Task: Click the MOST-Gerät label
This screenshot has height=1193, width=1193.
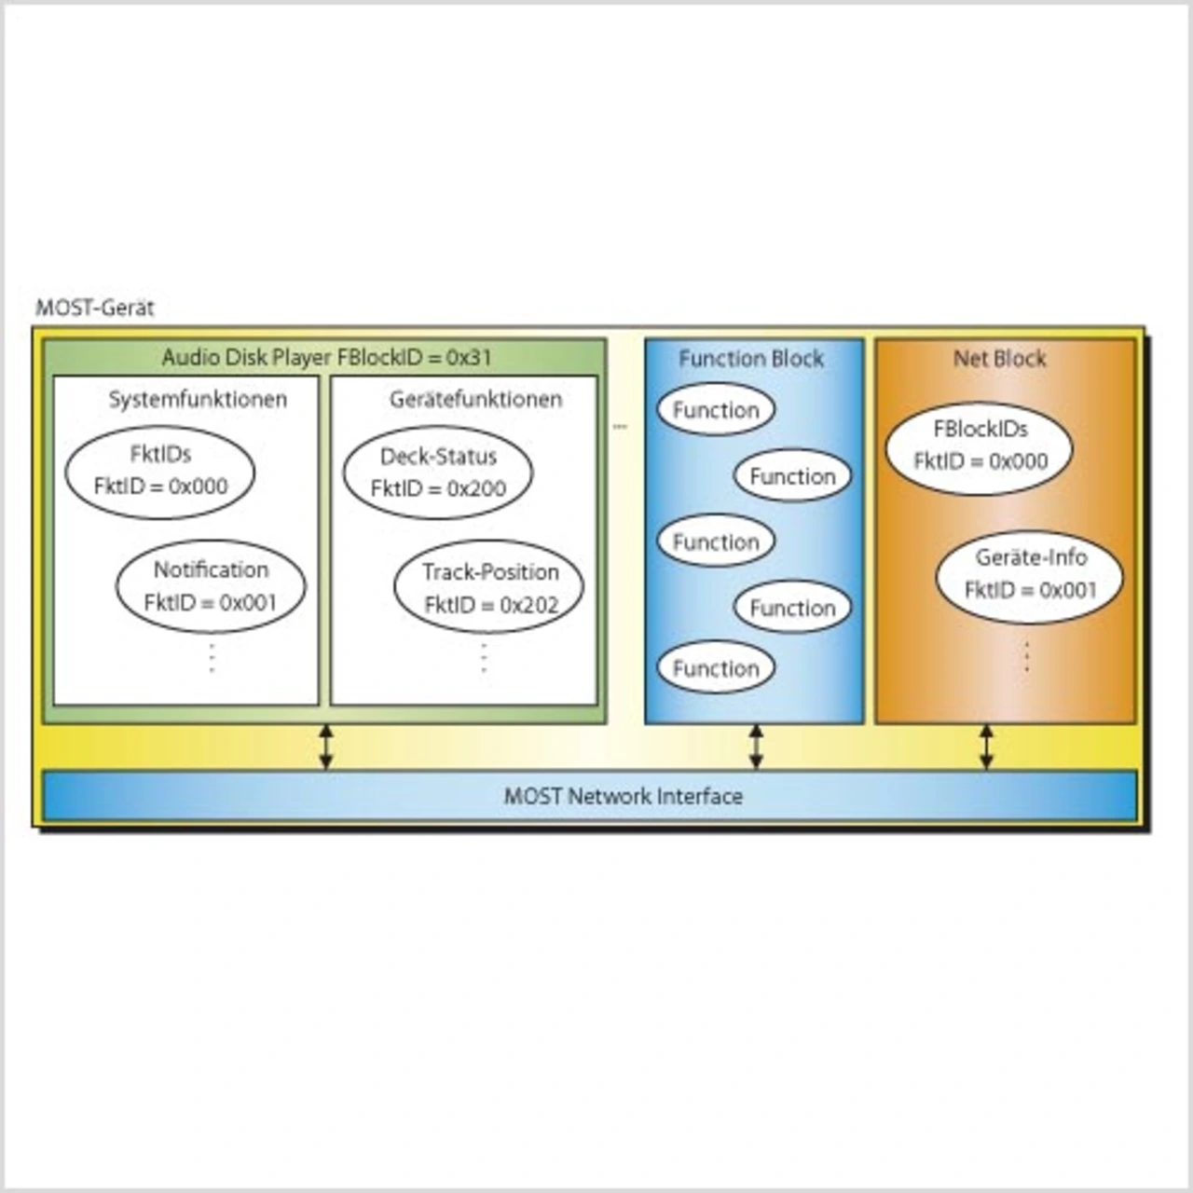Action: coord(94,308)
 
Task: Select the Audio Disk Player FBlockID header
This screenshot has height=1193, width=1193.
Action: coord(326,357)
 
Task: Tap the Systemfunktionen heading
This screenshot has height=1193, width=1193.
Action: coord(198,400)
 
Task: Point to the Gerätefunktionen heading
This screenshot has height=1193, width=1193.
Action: coord(475,400)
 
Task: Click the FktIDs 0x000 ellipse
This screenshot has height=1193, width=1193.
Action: coord(160,471)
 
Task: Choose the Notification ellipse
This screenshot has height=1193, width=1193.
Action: coord(211,586)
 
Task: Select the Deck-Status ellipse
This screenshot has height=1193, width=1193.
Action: coord(438,473)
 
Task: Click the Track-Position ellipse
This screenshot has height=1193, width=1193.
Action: coord(489,588)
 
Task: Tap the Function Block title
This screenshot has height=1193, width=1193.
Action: coord(751,359)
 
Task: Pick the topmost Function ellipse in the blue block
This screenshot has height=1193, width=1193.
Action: coord(716,410)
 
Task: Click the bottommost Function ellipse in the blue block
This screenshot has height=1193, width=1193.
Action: coord(716,668)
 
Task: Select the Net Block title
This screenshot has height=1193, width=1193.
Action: coord(999,359)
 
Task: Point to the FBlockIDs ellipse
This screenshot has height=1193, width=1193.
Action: coord(980,446)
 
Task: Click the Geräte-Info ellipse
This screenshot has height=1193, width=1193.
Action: coord(1030,574)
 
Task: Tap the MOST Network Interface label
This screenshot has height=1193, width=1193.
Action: coord(623,797)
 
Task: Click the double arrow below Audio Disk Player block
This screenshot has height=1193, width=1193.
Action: coord(325,747)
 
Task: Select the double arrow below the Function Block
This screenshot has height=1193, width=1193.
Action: coord(756,747)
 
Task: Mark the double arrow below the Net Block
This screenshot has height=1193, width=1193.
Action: coord(986,747)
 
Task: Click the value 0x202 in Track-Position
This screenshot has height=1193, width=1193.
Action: coord(528,605)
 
